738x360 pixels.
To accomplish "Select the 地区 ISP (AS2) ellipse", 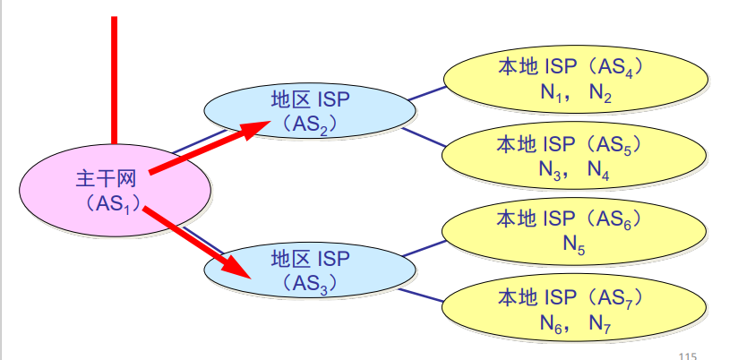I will [309, 110].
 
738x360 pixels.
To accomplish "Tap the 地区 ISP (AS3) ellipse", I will [309, 270].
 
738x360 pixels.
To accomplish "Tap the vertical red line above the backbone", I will [115, 81].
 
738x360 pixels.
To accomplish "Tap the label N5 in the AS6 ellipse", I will [574, 243].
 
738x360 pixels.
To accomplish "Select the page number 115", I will [687, 355].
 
